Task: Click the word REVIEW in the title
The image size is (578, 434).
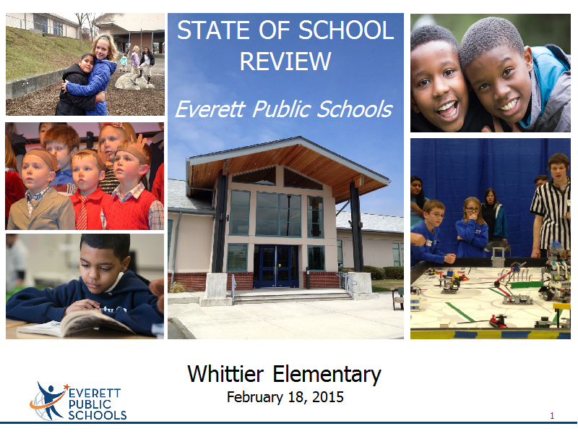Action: pyautogui.click(x=285, y=61)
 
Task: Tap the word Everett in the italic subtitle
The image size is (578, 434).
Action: pyautogui.click(x=210, y=109)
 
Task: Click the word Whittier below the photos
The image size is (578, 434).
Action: pyautogui.click(x=225, y=373)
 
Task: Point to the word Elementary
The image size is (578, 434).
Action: pyautogui.click(x=327, y=375)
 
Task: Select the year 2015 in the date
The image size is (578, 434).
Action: pyautogui.click(x=328, y=396)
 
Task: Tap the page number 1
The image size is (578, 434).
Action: pyautogui.click(x=552, y=415)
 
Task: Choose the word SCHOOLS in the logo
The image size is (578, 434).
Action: pyautogui.click(x=98, y=415)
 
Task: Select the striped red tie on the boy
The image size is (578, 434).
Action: pyautogui.click(x=82, y=213)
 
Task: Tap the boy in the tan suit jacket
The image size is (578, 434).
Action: pyautogui.click(x=40, y=192)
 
